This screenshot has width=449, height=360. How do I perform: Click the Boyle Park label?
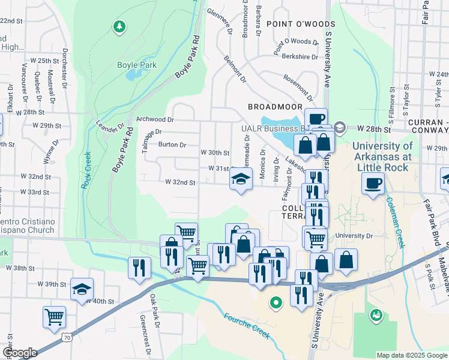136,65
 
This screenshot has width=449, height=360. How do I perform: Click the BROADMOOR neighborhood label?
275,106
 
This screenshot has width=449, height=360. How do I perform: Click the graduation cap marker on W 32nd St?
241,179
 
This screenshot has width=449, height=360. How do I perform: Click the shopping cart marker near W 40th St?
54,316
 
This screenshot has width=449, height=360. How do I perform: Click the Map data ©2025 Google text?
411,355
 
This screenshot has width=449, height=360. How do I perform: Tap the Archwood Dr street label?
154,119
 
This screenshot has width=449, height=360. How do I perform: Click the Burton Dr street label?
172,145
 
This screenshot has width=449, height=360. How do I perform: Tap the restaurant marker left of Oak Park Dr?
139,268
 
